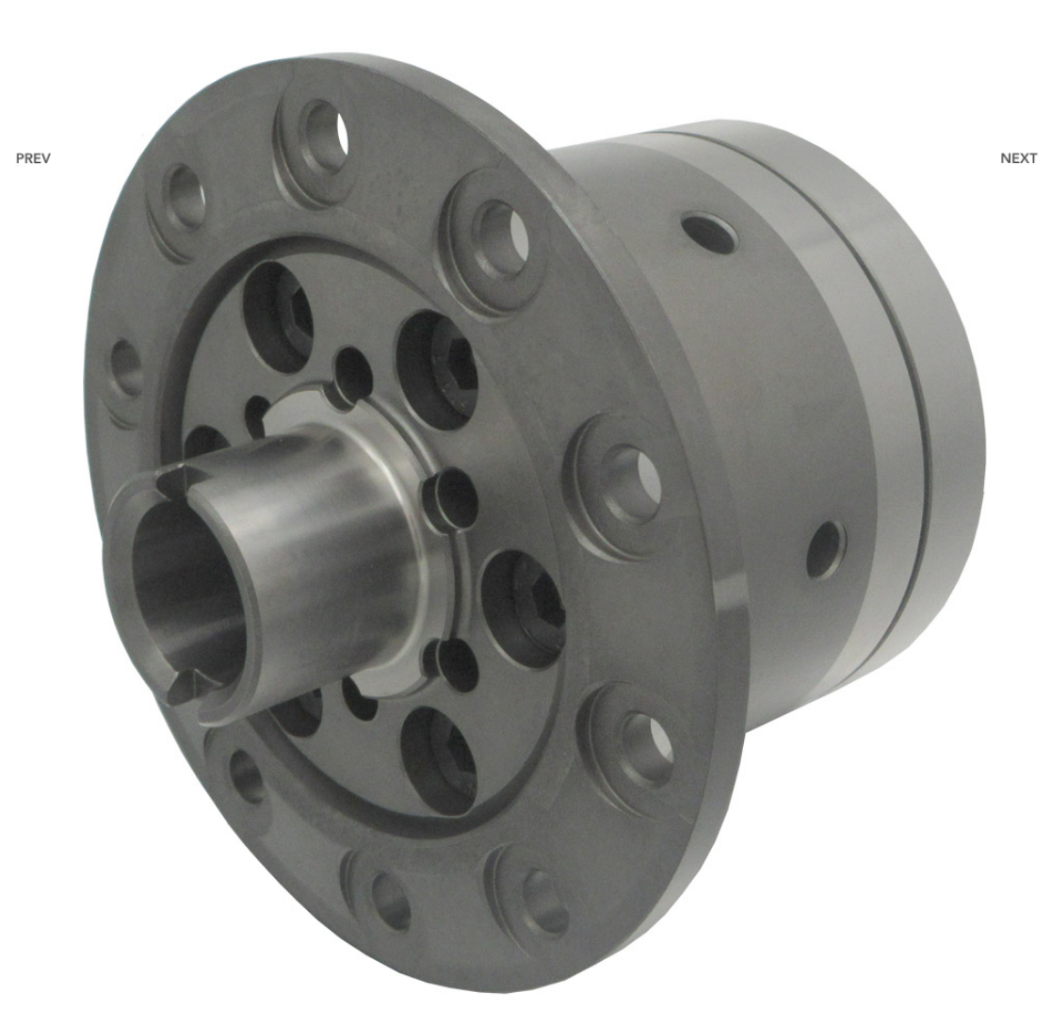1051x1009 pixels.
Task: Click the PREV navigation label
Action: (33, 158)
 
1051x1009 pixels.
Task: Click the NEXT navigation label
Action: (1018, 158)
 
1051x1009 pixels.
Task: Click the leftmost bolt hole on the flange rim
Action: (125, 369)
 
